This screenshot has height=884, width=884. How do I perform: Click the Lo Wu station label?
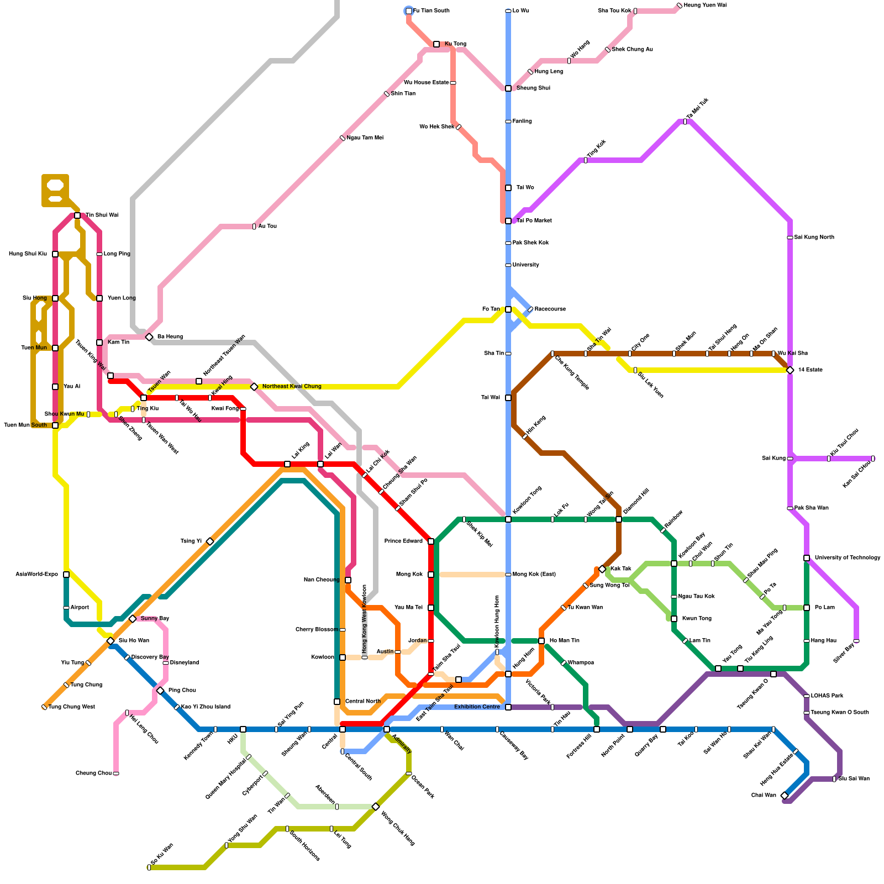pos(520,11)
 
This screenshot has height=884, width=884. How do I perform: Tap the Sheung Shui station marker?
pos(508,88)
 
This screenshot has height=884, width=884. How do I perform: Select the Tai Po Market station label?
pos(534,221)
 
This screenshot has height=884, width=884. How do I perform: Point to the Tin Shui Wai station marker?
pos(77,215)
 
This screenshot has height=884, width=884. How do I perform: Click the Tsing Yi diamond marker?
pos(210,541)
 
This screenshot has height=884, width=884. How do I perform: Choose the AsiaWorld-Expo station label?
pos(36,575)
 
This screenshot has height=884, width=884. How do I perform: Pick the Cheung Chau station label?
pos(93,773)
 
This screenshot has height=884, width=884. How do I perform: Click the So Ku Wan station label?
pos(162,854)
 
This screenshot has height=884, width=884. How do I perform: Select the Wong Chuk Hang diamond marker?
pos(376,807)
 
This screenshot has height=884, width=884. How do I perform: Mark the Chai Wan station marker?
pos(785,796)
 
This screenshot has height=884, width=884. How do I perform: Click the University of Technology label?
pos(847,558)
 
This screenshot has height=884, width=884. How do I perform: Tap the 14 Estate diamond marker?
pos(790,370)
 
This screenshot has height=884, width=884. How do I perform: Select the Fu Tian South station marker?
pos(409,11)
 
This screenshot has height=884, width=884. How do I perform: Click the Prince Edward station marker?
pos(431,541)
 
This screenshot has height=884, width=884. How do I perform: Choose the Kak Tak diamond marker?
pos(602,569)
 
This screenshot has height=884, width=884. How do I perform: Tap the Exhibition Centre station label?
pos(477,707)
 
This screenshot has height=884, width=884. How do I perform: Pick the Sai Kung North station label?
pos(814,238)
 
